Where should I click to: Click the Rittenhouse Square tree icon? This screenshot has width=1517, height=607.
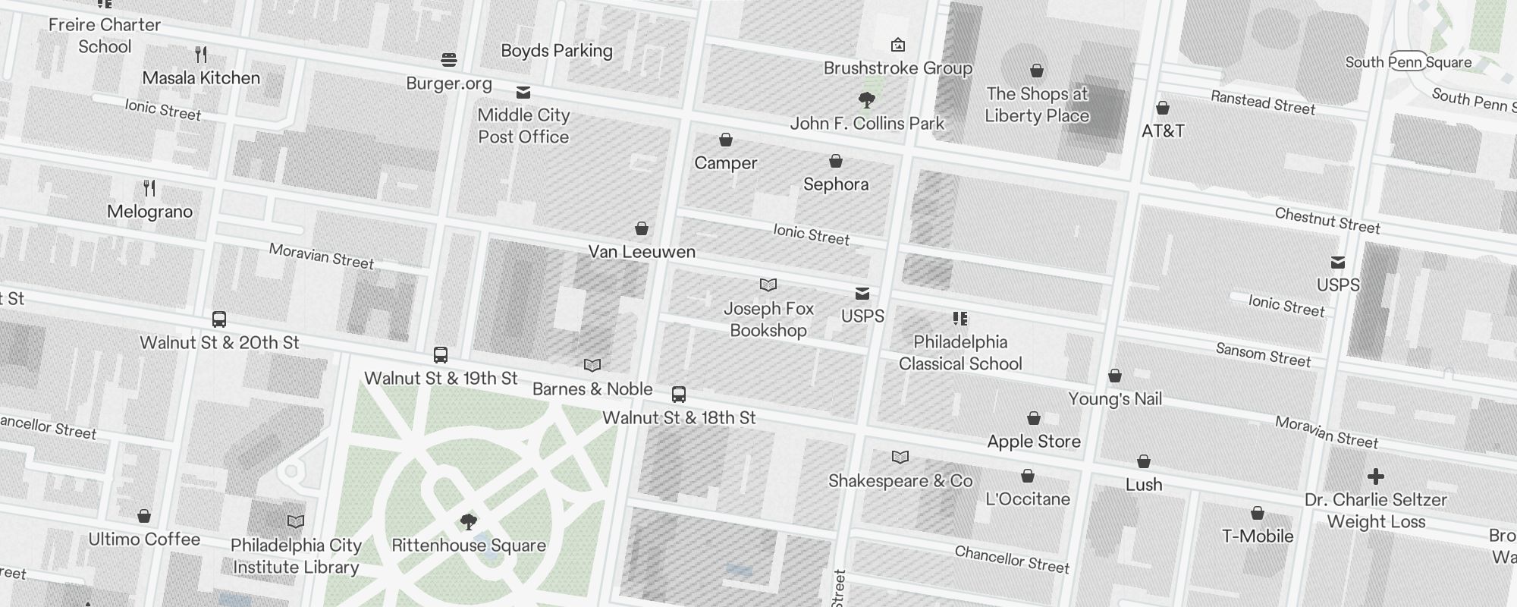point(469,521)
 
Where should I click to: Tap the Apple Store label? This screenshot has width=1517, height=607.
point(1033,442)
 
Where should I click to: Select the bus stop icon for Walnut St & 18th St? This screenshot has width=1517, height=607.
point(679,395)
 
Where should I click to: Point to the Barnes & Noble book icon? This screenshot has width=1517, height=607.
point(592,366)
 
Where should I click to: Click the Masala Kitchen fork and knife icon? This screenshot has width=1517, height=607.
point(201,55)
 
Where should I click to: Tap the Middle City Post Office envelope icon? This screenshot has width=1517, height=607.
point(523,93)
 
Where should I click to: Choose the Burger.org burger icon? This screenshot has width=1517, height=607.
point(449,60)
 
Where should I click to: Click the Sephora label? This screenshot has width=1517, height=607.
point(835,184)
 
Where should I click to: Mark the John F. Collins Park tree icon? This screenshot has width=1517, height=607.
point(866,100)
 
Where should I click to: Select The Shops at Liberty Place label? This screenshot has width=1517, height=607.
point(1037,105)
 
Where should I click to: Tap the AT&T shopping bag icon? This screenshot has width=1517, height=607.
point(1162,108)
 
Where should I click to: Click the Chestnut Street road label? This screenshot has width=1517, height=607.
point(1327,220)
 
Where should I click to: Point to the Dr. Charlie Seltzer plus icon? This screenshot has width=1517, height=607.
point(1375,476)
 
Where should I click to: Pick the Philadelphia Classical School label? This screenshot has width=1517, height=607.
point(960,353)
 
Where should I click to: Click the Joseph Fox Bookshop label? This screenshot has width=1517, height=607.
point(768,319)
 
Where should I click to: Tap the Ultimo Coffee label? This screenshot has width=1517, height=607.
point(144,539)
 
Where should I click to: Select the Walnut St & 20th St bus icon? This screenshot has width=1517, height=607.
point(219,319)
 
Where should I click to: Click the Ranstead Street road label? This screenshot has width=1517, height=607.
point(1262,102)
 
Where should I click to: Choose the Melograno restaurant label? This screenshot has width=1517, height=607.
point(149,212)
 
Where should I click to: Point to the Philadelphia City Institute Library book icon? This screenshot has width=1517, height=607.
point(296,522)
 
